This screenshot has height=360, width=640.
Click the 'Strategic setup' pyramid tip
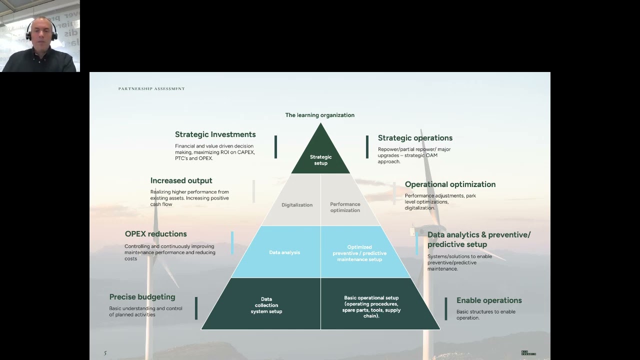[x=320, y=157]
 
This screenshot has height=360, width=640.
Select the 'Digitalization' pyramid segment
[x=297, y=204]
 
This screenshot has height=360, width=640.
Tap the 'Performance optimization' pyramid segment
[x=345, y=207]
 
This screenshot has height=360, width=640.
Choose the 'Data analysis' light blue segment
[x=284, y=252]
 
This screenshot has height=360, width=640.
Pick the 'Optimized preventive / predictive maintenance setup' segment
[x=359, y=253]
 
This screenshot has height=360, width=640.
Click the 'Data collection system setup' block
[x=266, y=305]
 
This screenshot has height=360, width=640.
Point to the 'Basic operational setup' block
[x=371, y=306]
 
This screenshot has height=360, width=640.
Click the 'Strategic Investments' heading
[x=215, y=134]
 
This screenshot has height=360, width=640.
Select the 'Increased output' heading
[x=181, y=180]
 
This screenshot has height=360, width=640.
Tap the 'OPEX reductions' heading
[x=155, y=234]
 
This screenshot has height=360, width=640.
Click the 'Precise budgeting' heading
[x=142, y=297]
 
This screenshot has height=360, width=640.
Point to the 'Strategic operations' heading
[x=415, y=138]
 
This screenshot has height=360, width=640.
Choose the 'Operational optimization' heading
[x=450, y=184]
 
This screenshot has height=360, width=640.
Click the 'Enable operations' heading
[x=489, y=300]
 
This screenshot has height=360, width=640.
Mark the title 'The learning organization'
[x=319, y=115]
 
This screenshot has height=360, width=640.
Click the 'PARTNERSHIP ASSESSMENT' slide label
[x=151, y=89]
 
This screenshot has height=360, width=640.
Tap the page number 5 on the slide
[x=105, y=353]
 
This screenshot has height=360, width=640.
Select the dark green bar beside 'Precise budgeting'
[x=196, y=308]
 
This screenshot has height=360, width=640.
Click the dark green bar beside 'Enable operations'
[x=446, y=308]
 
